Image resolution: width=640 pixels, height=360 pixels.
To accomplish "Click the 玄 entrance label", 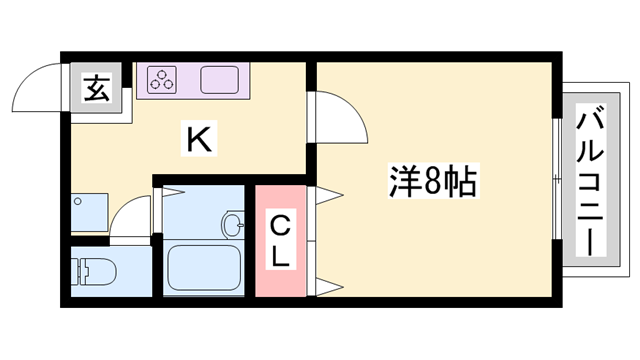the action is [x=96, y=89].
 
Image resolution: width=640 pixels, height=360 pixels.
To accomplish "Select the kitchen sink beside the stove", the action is [x=220, y=79].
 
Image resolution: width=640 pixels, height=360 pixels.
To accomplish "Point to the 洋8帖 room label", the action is [x=431, y=182].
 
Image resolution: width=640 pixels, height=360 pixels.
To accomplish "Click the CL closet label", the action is [x=279, y=240].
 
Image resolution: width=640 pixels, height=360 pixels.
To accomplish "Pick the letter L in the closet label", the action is [x=281, y=256].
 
